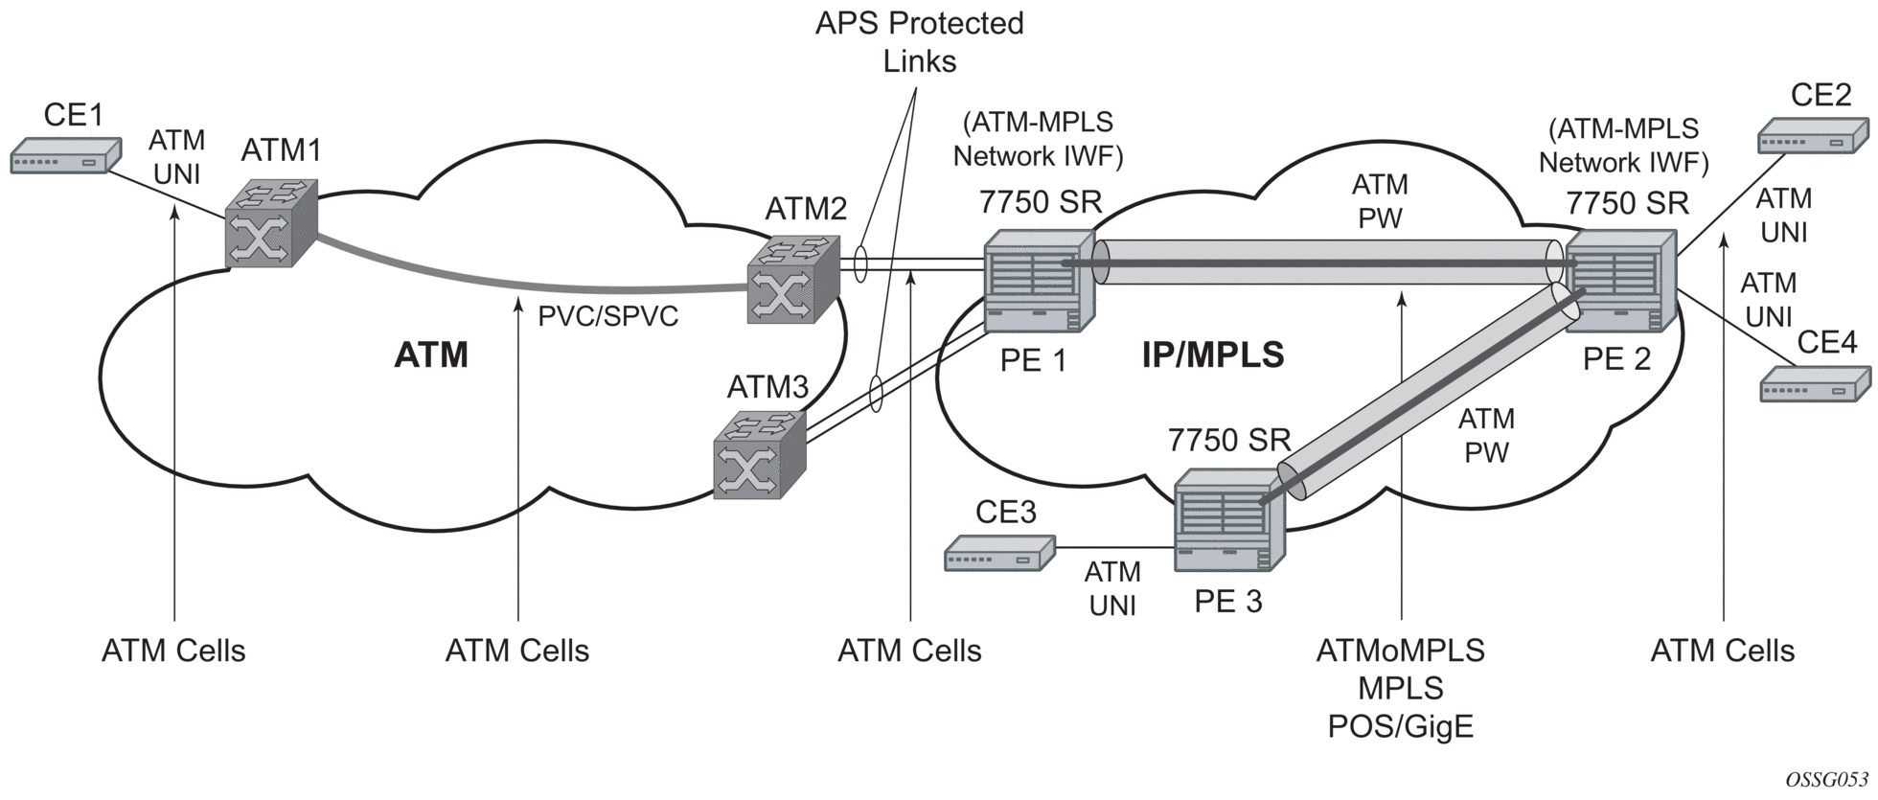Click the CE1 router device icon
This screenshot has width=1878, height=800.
[65, 156]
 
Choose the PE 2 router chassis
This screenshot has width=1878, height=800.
[1620, 281]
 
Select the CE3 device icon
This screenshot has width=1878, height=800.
[999, 554]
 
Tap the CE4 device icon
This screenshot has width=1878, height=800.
[1815, 384]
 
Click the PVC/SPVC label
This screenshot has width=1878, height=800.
[607, 315]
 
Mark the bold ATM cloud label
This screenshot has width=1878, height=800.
[431, 355]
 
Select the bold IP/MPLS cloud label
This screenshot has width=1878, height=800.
[1212, 355]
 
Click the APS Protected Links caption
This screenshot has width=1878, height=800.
[919, 42]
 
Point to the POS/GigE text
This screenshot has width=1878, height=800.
[1400, 727]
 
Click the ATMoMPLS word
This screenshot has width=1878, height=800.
[1400, 651]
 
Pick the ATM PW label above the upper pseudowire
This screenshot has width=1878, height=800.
[1380, 201]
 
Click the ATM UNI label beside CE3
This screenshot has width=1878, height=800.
[1112, 588]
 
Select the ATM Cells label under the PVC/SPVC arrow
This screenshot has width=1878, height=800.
[517, 651]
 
